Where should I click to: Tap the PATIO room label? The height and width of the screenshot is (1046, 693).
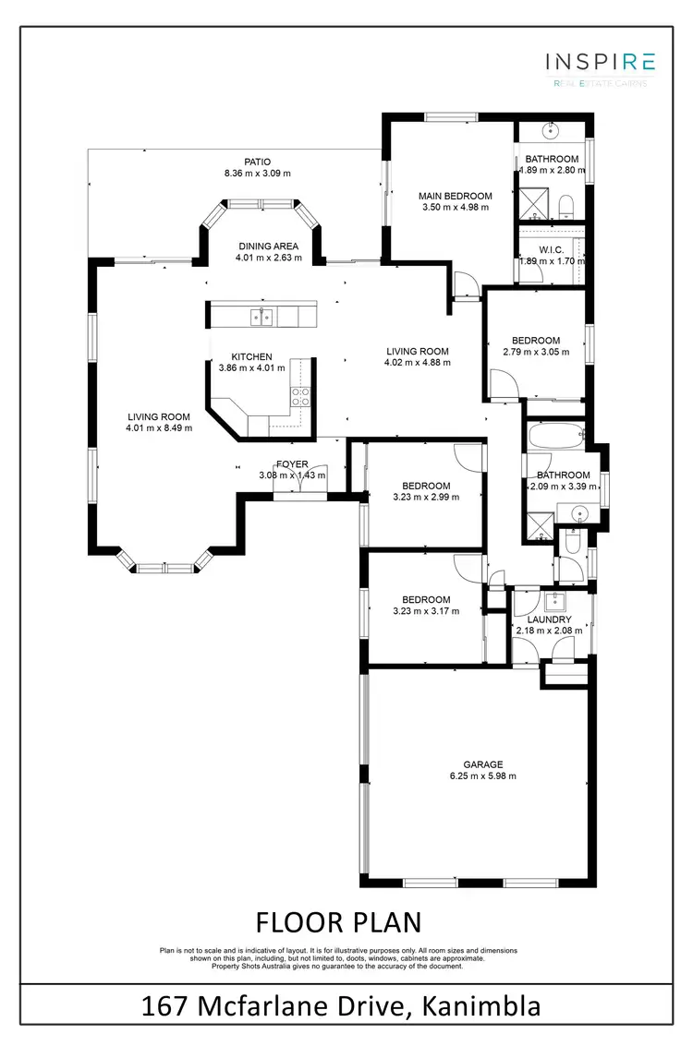pyautogui.click(x=257, y=161)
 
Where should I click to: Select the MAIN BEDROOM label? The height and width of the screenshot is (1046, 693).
pyautogui.click(x=455, y=196)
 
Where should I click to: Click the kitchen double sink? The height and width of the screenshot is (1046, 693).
pyautogui.click(x=261, y=318)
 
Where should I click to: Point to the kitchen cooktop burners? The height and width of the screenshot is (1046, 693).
pyautogui.click(x=301, y=396)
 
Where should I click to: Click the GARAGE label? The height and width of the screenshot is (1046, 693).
pyautogui.click(x=482, y=763)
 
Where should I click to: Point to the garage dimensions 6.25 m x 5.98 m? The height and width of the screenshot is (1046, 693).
pyautogui.click(x=482, y=776)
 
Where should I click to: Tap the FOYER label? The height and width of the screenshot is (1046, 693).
pyautogui.click(x=292, y=464)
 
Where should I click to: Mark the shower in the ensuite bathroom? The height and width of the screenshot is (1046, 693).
pyautogui.click(x=533, y=200)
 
